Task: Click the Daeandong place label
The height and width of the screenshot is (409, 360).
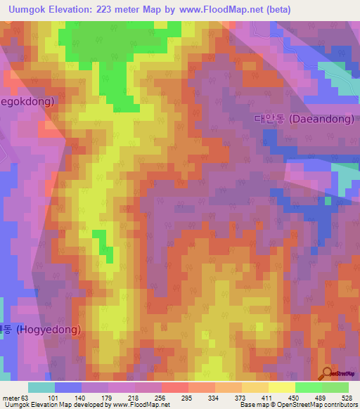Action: [x=304, y=119]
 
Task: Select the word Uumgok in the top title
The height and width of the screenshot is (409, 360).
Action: [x=25, y=9]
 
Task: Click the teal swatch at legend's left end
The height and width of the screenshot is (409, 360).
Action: [x=41, y=387]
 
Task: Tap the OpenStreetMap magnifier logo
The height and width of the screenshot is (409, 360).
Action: [x=328, y=373]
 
